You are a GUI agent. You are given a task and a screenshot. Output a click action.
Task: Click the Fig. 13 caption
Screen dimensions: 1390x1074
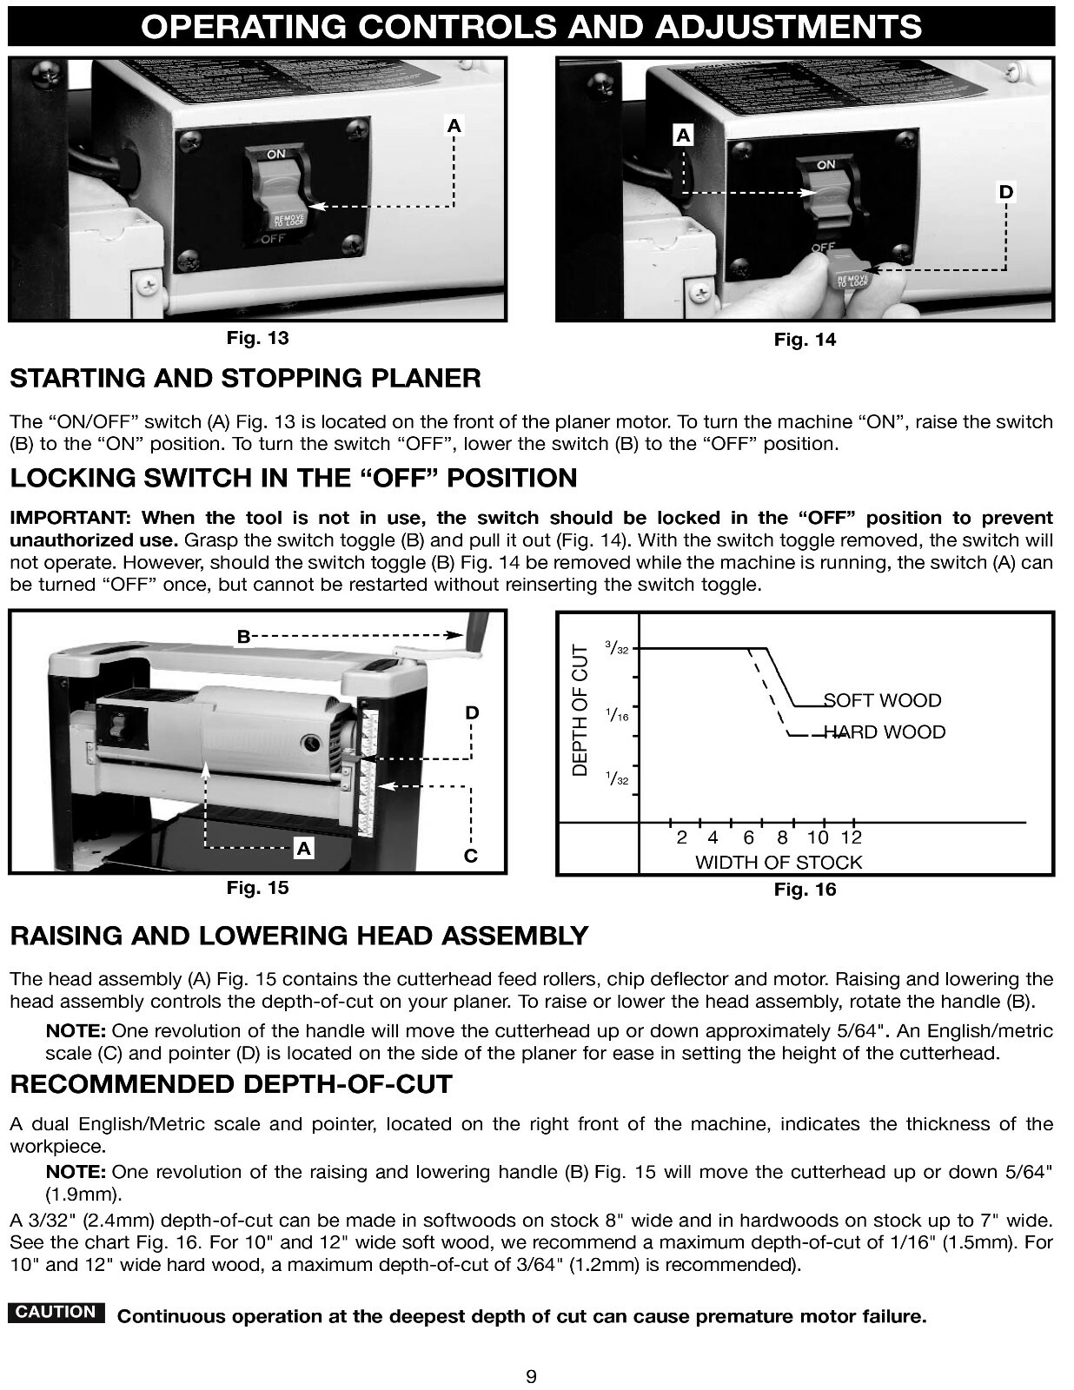pos(257,338)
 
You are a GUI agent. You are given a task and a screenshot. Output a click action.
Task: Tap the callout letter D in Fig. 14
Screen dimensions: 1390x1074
pos(1005,192)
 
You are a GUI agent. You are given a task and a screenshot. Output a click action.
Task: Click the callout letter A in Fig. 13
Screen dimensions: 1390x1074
pos(454,126)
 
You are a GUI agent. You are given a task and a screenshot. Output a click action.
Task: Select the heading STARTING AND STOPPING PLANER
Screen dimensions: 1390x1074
pos(245,379)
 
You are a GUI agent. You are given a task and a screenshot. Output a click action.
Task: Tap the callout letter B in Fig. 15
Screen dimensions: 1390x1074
pos(244,637)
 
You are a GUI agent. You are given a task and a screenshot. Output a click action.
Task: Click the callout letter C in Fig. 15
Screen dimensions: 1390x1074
pos(470,856)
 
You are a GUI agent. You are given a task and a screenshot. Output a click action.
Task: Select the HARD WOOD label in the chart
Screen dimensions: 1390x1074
pos(884,732)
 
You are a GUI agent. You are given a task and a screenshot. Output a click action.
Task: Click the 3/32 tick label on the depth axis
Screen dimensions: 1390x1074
pos(617,648)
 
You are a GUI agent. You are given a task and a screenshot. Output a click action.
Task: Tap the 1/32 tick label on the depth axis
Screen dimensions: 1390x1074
pos(617,778)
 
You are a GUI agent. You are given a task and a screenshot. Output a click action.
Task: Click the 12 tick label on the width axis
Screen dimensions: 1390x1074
pos(852,837)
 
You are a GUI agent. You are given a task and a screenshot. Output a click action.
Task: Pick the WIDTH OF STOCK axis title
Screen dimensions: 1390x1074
pos(779,863)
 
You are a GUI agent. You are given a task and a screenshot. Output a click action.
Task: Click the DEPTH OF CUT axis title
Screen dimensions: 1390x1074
pos(580,711)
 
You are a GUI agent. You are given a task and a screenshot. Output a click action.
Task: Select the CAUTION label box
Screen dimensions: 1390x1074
pos(56,1313)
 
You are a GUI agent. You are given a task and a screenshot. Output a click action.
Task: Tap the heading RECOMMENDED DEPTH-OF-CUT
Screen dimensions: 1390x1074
pos(231,1085)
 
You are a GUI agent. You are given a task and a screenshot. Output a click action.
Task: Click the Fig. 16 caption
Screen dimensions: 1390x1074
pos(805,890)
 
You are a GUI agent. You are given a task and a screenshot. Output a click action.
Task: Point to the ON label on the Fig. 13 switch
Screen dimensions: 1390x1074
pos(275,155)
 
